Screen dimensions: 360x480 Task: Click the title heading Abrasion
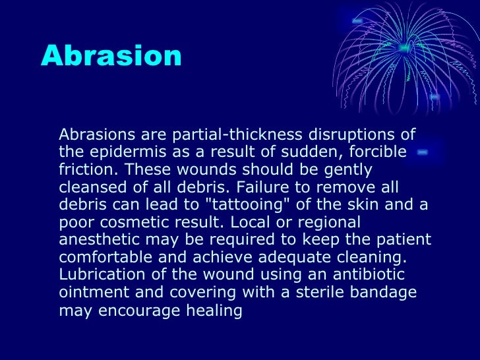[111, 56]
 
